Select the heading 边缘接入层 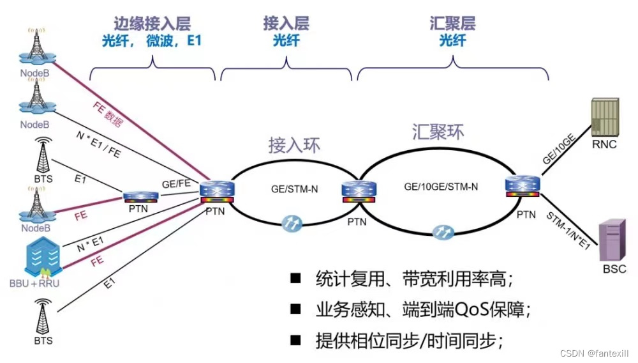(x=152, y=24)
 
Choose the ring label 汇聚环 (x=436, y=132)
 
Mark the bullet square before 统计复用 (x=295, y=279)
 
